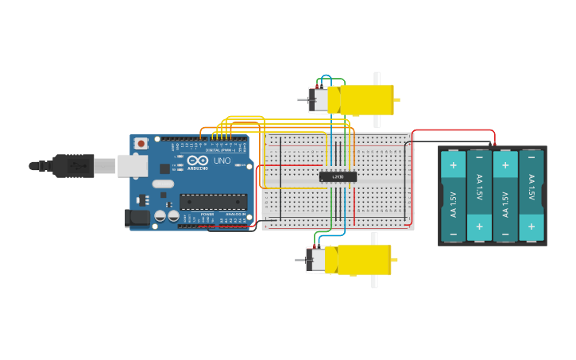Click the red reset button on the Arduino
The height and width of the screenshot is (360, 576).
(141, 143)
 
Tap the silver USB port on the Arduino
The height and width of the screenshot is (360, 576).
(132, 165)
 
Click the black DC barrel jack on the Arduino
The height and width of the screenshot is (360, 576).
(137, 217)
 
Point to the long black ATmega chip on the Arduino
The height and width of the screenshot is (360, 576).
(213, 202)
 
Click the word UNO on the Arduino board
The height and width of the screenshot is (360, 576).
(222, 161)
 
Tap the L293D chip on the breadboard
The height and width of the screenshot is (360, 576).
(338, 176)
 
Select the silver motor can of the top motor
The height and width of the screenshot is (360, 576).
(319, 100)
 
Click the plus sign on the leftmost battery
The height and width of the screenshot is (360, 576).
(453, 166)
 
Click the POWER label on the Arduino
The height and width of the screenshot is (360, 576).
(207, 215)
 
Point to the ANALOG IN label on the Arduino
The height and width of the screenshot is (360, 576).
(234, 215)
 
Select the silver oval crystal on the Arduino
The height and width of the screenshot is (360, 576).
(162, 184)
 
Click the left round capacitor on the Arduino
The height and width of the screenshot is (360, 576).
(160, 216)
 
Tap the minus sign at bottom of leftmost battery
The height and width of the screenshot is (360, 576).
(453, 234)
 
